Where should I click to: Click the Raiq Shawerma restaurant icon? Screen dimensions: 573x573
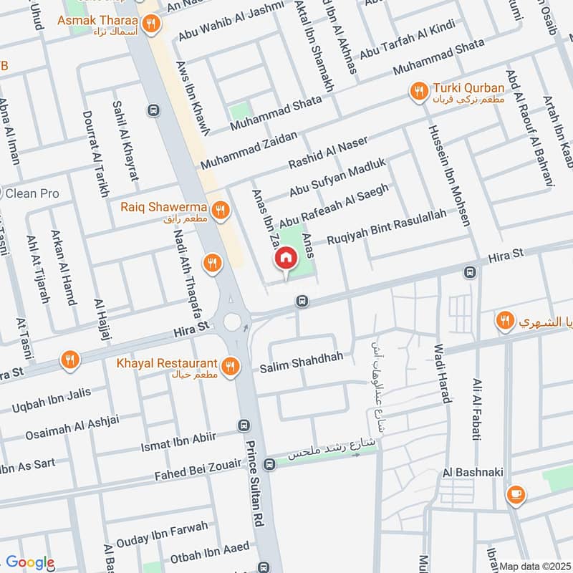tap(221, 210)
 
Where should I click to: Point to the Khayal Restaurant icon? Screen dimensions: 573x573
tap(230, 367)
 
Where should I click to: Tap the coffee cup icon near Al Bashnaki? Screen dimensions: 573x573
tap(515, 494)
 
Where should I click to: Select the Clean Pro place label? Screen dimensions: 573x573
tap(32, 193)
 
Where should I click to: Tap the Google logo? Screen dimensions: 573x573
tap(30, 563)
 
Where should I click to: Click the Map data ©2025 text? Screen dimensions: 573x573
tap(534, 566)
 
